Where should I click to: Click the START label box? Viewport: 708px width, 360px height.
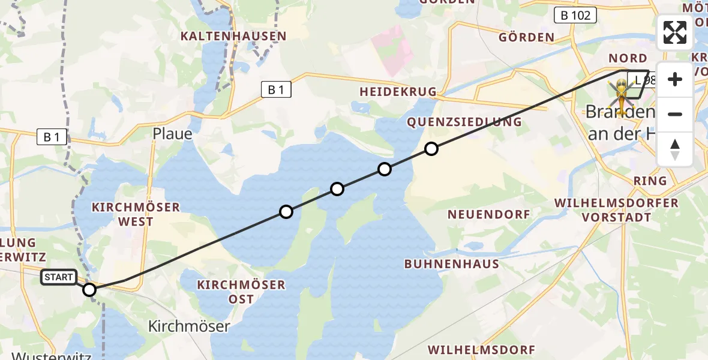(59, 277)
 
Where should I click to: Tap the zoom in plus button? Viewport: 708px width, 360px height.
(675, 80)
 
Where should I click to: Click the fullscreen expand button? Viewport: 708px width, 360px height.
(675, 32)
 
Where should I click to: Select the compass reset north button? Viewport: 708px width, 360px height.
(675, 149)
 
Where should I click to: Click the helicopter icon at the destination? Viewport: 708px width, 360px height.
(622, 96)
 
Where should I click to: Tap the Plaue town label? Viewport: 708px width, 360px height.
(172, 133)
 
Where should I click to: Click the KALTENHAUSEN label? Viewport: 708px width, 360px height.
(234, 36)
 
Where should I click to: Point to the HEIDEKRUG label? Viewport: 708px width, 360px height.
(398, 92)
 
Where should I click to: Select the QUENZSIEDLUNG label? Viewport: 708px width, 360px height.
(464, 122)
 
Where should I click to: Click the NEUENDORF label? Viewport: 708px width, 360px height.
(489, 214)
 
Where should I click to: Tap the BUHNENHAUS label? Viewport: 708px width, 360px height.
(451, 263)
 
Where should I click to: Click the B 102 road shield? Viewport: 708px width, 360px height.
(575, 16)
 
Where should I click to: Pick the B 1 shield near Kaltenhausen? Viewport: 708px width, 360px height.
(276, 90)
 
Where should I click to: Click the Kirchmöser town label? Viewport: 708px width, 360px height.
(189, 326)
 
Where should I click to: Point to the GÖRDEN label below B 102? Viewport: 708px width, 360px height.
(527, 37)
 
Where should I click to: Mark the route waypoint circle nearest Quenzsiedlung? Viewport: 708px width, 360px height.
(431, 149)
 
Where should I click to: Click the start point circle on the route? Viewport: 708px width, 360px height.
(89, 290)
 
